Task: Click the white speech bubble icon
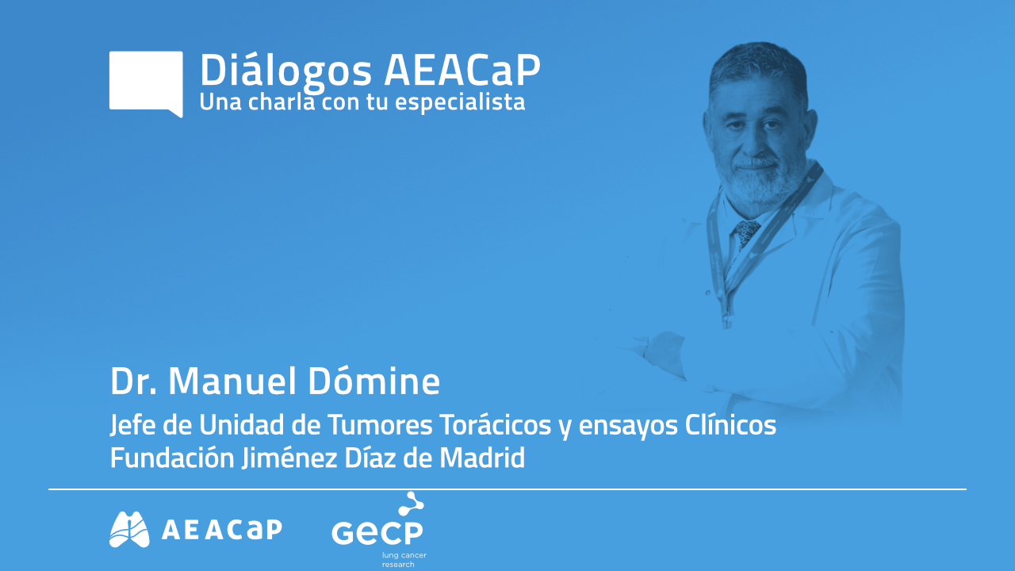click(x=146, y=82)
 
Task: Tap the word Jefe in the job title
click(x=131, y=426)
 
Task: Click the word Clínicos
click(x=730, y=426)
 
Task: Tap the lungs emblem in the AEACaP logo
click(x=129, y=529)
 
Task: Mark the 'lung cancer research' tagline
click(x=404, y=559)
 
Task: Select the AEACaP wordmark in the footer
click(x=221, y=530)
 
